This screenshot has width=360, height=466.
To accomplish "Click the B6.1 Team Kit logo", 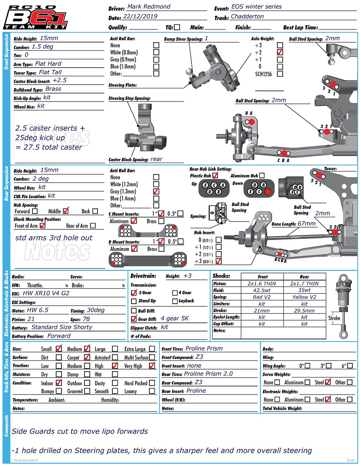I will [35, 17].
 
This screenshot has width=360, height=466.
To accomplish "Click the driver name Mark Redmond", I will [149, 6].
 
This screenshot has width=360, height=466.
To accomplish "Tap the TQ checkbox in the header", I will [177, 27].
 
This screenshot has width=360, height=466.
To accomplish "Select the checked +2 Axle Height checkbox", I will [280, 52].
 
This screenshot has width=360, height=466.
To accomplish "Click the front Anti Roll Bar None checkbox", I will [156, 45].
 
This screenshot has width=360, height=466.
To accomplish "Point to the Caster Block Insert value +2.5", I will [59, 80].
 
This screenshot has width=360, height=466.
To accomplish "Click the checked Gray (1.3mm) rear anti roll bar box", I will [156, 191].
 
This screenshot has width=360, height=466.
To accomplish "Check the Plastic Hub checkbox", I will [215, 175].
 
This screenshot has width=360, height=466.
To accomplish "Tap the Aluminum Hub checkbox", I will [262, 175].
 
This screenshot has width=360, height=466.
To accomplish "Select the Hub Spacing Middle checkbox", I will [66, 211].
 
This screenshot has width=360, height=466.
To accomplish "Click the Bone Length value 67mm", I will [306, 224].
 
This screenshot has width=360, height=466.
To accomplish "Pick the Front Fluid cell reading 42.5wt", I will [262, 290].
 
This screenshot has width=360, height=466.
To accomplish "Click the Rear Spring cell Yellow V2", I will [304, 297].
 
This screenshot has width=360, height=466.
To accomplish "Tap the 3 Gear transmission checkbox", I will [134, 293].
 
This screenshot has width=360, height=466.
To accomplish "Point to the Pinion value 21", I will [31, 319].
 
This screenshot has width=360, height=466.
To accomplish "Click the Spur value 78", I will [86, 319].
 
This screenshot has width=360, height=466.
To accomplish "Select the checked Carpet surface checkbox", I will [87, 357].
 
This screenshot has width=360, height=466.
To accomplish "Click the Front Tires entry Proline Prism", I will [204, 349].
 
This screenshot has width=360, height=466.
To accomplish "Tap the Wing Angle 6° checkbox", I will [350, 366].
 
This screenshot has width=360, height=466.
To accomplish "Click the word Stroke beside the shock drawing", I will [334, 318].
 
